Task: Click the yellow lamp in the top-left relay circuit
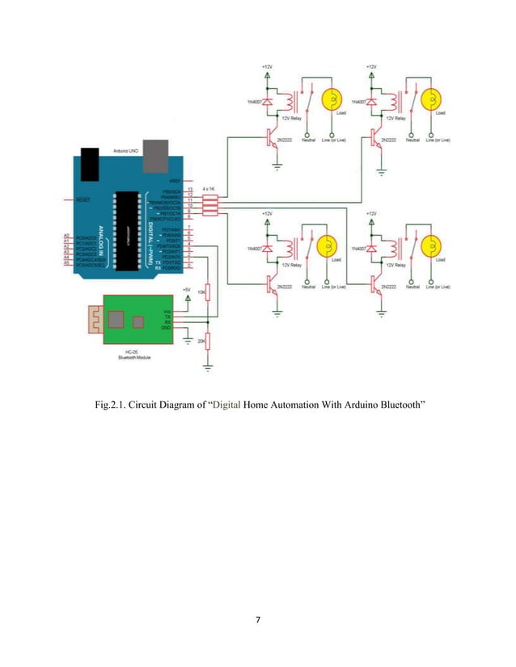pos(331,99)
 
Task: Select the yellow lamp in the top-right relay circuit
pos(434,99)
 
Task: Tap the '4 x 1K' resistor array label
pos(210,188)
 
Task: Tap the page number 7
pos(257,619)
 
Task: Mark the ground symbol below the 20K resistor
pos(207,367)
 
